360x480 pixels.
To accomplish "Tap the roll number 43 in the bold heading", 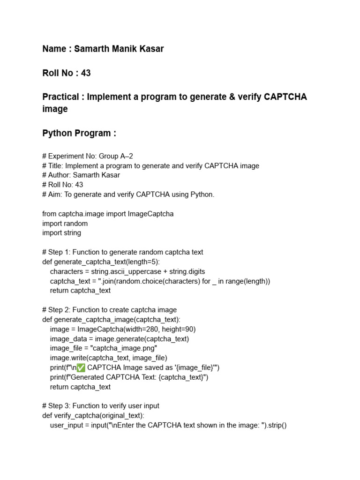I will pos(85,73).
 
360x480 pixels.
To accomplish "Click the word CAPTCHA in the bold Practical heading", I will pos(285,97).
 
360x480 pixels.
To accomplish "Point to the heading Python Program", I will pos(79,133).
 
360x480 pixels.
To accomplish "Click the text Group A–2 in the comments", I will pos(119,156).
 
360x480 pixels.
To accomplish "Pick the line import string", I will pos(61,233).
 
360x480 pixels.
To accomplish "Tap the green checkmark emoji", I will pos(80,367).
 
